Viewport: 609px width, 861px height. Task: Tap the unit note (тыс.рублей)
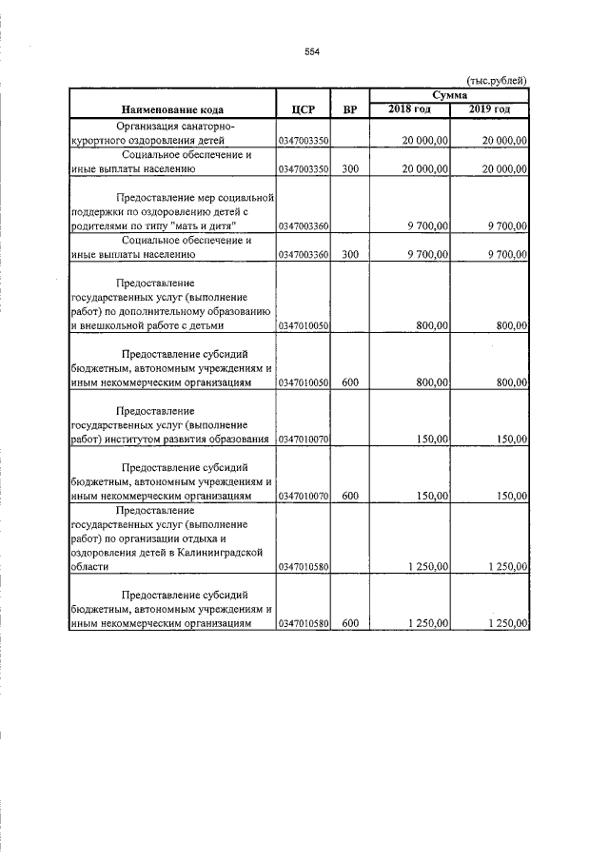point(496,81)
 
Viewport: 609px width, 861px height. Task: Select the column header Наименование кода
point(171,109)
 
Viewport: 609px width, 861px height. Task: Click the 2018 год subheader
point(409,109)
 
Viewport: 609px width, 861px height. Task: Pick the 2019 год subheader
point(489,109)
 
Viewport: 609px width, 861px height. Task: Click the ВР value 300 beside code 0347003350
point(349,169)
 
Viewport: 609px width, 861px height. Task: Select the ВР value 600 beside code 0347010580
point(349,623)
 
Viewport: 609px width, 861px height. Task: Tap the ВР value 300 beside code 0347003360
point(349,255)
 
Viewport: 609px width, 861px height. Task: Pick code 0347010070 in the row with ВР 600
point(302,496)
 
